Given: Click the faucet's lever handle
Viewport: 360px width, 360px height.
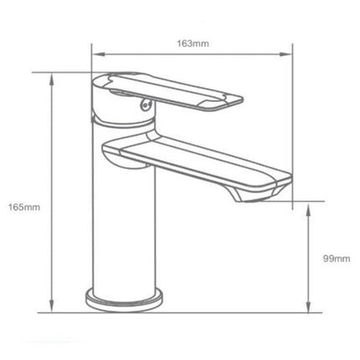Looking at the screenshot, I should [176, 91].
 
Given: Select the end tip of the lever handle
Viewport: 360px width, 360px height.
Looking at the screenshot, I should [235, 101].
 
